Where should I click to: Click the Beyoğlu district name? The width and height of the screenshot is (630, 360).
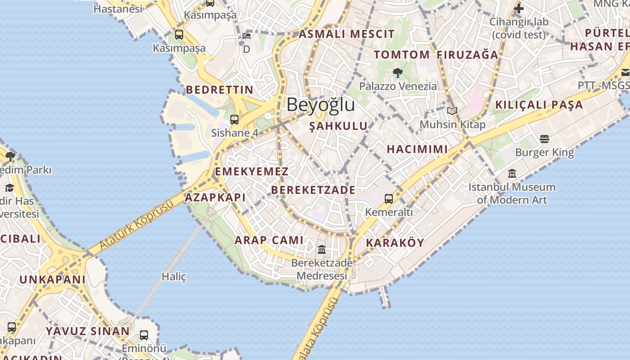pos(320,105)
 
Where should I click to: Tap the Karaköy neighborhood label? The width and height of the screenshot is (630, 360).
pos(395,243)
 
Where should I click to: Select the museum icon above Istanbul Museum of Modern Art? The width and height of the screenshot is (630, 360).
pos(512,173)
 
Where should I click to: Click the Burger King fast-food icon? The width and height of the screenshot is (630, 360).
pos(544,139)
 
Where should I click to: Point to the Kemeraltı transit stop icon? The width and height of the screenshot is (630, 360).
pos(389,198)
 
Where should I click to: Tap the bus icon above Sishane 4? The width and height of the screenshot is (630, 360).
pos(234,120)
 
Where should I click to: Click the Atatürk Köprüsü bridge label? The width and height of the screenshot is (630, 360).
pos(136,225)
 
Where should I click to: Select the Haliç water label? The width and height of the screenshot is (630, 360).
pos(174,276)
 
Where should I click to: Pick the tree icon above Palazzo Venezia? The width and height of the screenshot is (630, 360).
pos(397,72)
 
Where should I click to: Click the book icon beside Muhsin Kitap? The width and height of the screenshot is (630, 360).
pos(452,111)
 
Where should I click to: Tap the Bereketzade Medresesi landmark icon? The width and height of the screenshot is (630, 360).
pos(322,249)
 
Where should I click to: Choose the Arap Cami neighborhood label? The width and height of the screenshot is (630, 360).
pos(269,240)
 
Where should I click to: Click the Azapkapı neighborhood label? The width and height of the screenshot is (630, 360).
pos(215,197)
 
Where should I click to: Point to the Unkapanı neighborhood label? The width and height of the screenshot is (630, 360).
pos(52,279)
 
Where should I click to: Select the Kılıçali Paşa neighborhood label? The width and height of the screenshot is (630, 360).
pos(539,105)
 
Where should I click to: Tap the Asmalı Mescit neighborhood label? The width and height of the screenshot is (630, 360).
pos(346,34)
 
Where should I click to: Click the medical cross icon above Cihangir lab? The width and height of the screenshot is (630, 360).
pos(519,8)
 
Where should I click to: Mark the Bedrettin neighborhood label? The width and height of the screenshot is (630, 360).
pos(220,90)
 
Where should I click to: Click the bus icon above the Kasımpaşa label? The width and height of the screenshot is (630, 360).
pos(179,35)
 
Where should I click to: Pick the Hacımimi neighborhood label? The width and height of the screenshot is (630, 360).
pos(417,149)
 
